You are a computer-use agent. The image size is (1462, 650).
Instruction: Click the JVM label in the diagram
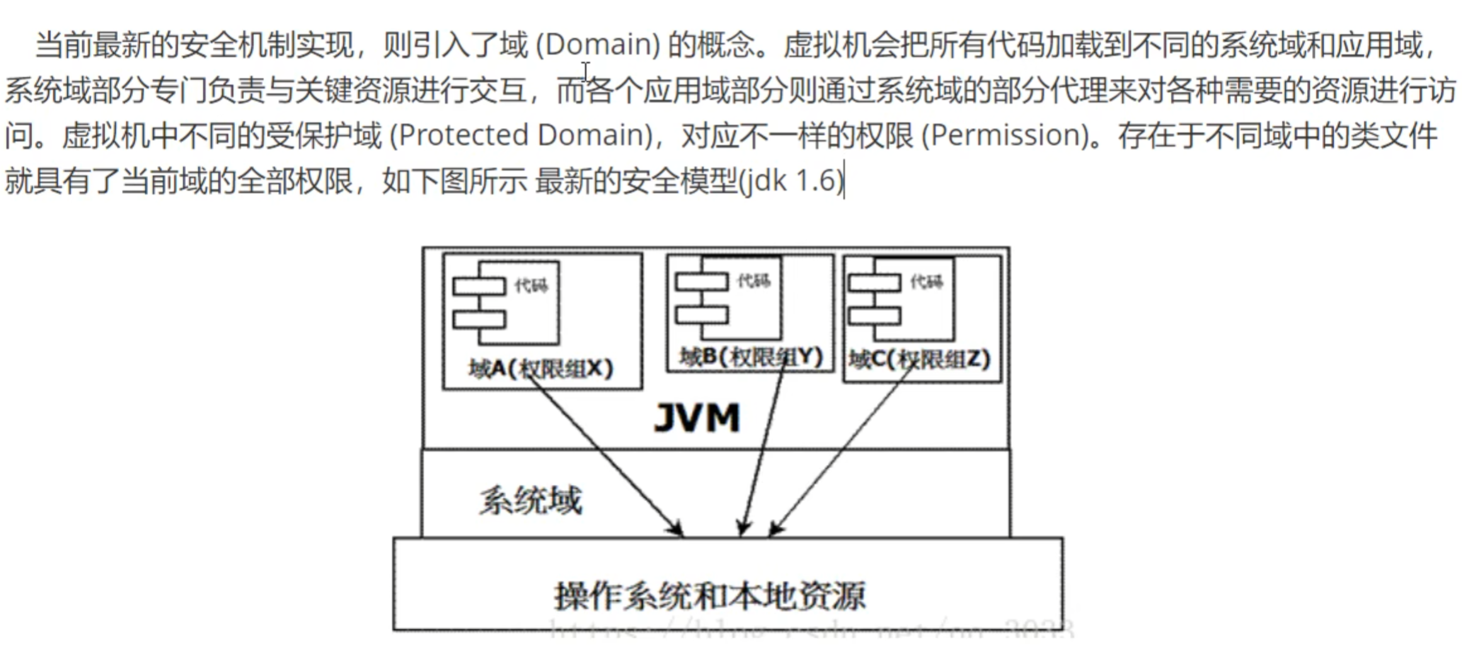(x=697, y=418)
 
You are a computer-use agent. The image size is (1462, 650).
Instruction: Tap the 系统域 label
(x=531, y=501)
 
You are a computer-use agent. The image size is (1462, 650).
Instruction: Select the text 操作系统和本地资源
(x=710, y=596)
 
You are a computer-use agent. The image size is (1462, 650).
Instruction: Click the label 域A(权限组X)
(x=541, y=368)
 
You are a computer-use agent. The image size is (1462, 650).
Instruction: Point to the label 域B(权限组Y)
(x=751, y=357)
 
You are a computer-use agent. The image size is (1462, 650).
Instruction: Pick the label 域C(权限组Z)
(x=919, y=359)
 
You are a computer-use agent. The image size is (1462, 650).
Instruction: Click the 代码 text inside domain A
(x=531, y=285)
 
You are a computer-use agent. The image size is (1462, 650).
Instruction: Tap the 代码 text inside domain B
(x=754, y=280)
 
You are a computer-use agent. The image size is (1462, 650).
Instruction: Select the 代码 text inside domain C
(x=926, y=281)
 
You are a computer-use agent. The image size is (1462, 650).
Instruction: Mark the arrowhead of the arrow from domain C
(x=776, y=529)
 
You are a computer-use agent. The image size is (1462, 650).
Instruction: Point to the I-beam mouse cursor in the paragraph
(x=585, y=71)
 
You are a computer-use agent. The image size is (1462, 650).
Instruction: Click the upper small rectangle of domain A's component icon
(x=479, y=287)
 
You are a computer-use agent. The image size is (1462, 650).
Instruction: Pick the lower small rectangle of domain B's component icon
(x=701, y=314)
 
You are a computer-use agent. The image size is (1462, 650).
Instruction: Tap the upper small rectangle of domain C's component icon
(x=874, y=282)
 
